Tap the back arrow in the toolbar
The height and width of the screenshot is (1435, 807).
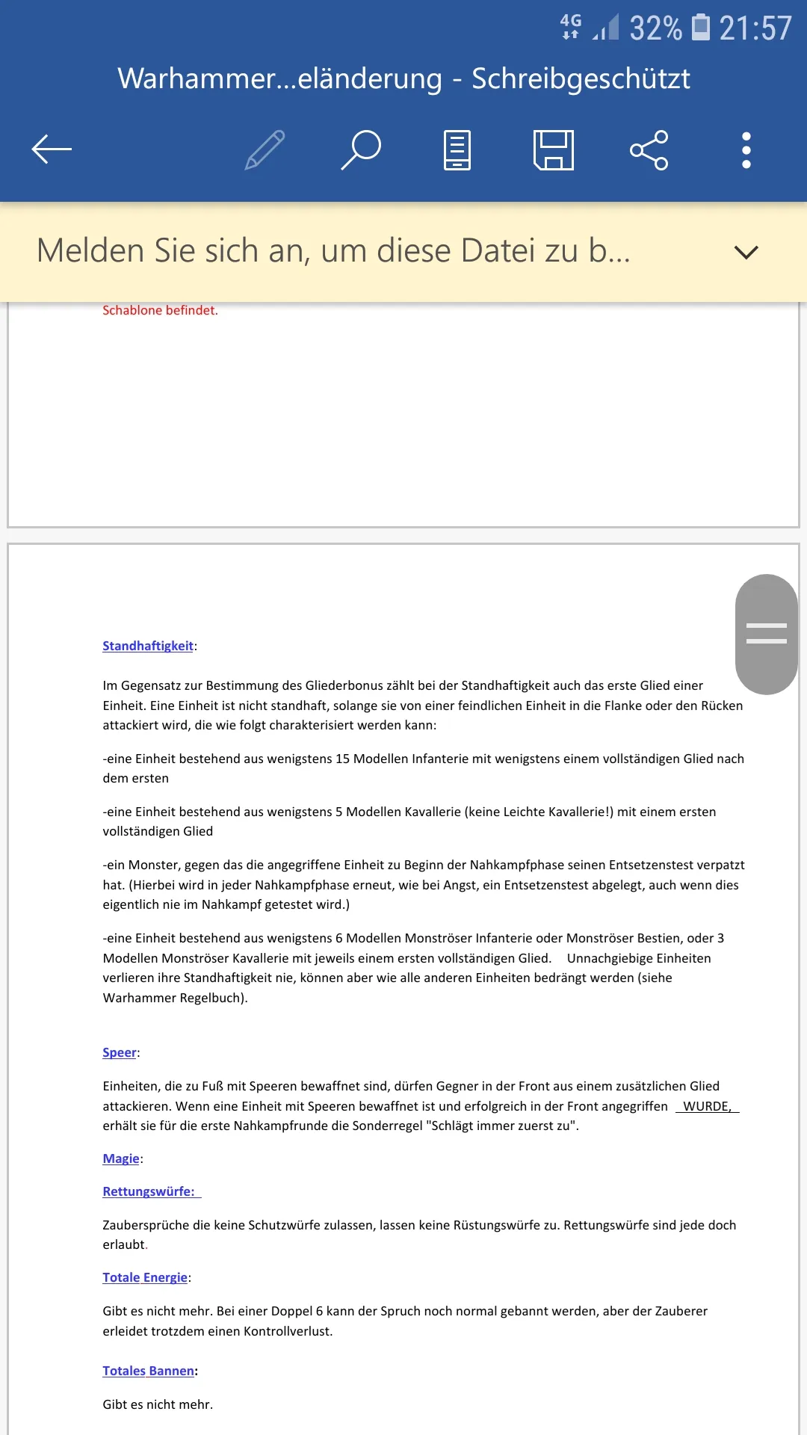tap(52, 149)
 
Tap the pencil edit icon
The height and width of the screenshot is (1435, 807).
tap(265, 149)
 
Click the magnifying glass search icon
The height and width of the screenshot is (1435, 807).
tap(362, 149)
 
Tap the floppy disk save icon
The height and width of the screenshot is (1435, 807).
tap(554, 149)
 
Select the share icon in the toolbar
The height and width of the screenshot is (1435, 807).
tap(649, 149)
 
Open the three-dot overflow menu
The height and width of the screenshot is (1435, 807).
tap(746, 149)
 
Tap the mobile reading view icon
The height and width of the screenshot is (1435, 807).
tap(457, 149)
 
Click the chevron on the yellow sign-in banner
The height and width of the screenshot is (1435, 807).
tap(746, 252)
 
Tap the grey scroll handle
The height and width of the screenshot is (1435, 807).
tap(766, 634)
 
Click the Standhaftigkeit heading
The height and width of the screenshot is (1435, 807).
tap(148, 646)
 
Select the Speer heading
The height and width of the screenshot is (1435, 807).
tap(120, 1052)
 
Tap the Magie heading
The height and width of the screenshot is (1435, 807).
tap(121, 1158)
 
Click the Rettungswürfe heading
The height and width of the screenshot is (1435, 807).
tap(149, 1191)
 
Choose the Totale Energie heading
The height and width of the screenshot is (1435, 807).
tap(145, 1277)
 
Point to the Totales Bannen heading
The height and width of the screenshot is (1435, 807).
tap(149, 1371)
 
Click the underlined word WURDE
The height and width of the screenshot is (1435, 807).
tap(706, 1106)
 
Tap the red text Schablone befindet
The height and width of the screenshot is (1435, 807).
tap(160, 310)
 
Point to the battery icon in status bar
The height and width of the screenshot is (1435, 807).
tap(701, 28)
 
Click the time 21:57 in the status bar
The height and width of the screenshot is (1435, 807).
tap(755, 28)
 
